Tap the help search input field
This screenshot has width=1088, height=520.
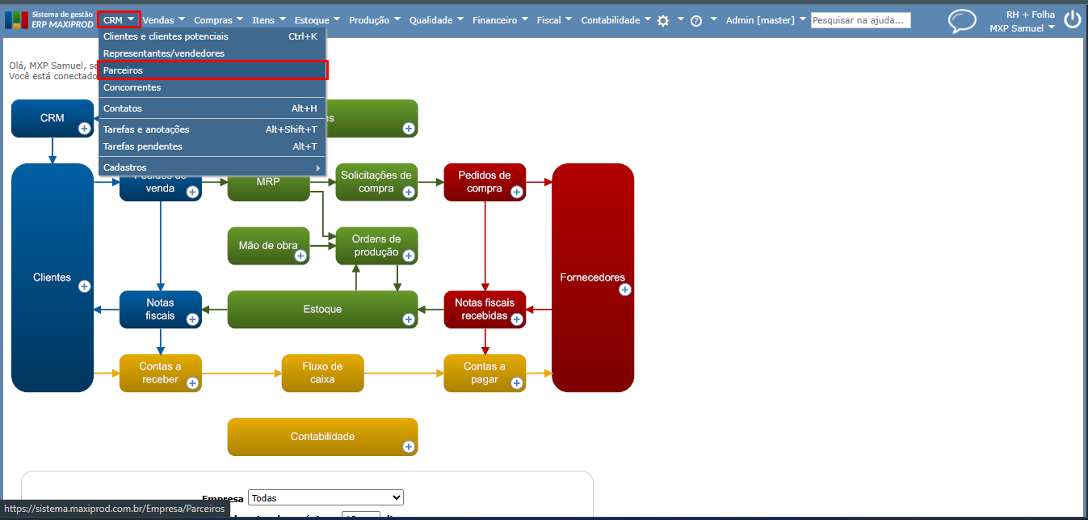(x=860, y=20)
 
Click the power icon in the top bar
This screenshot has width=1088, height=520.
(x=1072, y=20)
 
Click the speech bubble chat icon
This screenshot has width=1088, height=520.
(x=961, y=21)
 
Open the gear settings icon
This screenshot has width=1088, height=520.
(x=663, y=21)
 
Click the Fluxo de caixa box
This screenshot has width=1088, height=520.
(x=322, y=373)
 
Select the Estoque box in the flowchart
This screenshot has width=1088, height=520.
(x=322, y=309)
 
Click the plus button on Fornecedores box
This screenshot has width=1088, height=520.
(x=624, y=290)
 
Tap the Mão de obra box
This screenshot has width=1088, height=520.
(x=268, y=246)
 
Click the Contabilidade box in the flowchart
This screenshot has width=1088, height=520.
(x=322, y=437)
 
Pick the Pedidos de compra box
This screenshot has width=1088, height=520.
(x=485, y=182)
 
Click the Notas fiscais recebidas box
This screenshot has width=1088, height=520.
(x=485, y=309)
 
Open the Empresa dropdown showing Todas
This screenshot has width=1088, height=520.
(x=326, y=497)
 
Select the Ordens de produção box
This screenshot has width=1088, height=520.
(x=376, y=246)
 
